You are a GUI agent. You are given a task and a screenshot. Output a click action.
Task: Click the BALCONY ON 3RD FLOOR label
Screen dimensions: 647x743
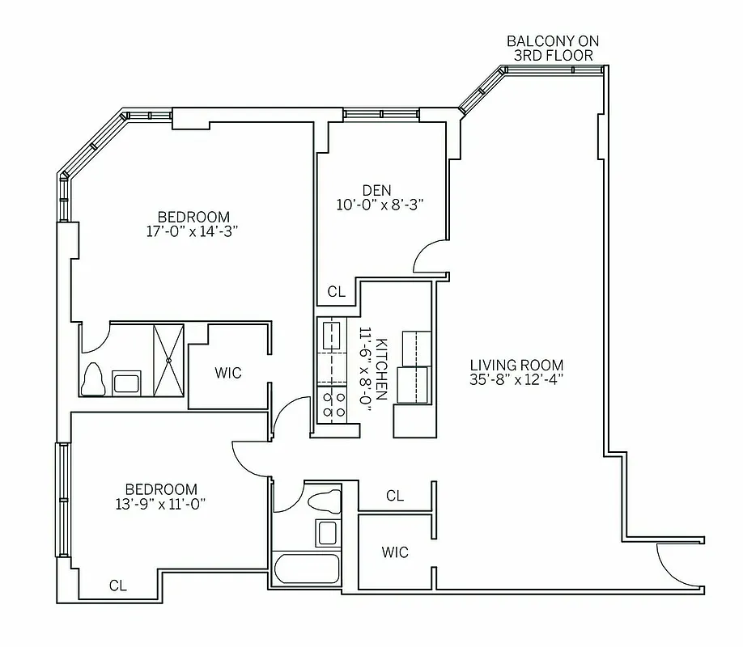pos(553,48)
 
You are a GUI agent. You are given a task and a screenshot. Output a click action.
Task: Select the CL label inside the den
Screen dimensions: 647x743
pos(336,292)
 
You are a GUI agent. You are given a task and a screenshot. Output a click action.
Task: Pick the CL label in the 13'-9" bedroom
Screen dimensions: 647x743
pos(118,585)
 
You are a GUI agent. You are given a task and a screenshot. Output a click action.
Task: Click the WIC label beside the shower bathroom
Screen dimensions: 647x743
pos(227,373)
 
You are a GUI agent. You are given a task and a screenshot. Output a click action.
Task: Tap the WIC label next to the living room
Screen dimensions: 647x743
pos(395,552)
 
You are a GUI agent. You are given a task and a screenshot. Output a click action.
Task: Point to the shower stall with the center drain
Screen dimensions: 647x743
pos(168,359)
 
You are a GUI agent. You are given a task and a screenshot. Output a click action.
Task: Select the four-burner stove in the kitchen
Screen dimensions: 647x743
pos(333,404)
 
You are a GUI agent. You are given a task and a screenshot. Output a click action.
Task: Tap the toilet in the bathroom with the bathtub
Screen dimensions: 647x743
pos(325,499)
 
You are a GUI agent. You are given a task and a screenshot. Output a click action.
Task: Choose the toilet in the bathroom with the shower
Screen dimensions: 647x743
pos(95,378)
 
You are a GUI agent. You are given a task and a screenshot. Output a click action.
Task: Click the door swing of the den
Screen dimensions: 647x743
pos(427,258)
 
